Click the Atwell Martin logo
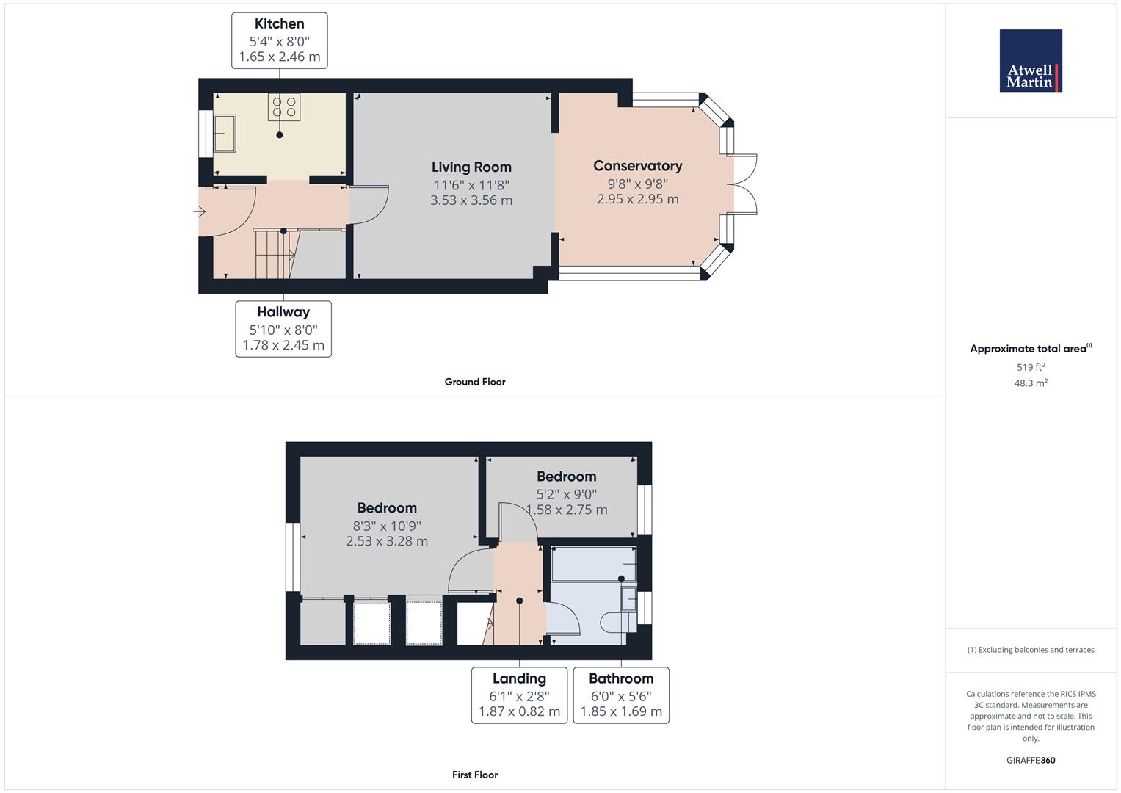(x=1031, y=60)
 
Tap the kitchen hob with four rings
(x=284, y=106)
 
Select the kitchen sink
(x=225, y=133)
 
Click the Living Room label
(x=471, y=167)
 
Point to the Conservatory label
(x=637, y=166)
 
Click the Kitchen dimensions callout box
(x=279, y=40)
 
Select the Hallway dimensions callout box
(x=283, y=329)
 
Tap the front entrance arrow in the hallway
(x=199, y=211)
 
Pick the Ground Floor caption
(x=475, y=382)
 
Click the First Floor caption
(x=475, y=775)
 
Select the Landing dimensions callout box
(x=519, y=695)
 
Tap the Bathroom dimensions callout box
(x=621, y=695)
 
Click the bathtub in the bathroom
(x=593, y=564)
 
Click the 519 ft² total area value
(x=1031, y=367)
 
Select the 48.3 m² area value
(x=1031, y=383)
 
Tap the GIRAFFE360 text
(x=1031, y=761)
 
